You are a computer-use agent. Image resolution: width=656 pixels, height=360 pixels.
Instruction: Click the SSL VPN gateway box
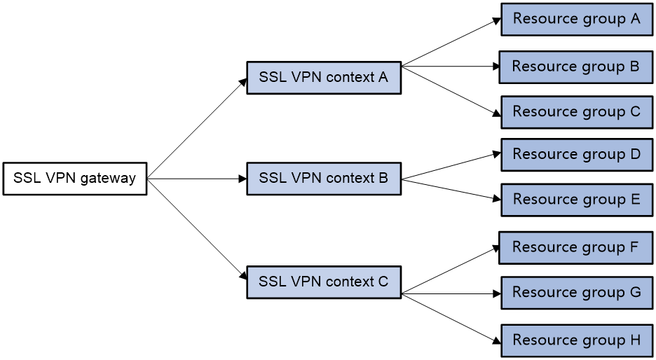pyautogui.click(x=74, y=179)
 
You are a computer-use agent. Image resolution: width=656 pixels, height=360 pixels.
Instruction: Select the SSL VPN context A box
pyautogui.click(x=323, y=78)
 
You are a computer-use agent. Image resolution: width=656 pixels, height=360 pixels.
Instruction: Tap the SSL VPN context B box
pyautogui.click(x=323, y=179)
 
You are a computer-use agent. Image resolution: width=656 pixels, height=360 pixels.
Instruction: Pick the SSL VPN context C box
pyautogui.click(x=323, y=282)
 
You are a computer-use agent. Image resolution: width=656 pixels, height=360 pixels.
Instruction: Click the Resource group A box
pyautogui.click(x=576, y=19)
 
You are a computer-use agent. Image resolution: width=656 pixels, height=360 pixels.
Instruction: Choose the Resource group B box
pyautogui.click(x=575, y=67)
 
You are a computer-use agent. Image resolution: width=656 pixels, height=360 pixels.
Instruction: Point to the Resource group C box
pyautogui.click(x=576, y=112)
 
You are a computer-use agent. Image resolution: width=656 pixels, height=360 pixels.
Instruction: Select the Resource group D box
pyautogui.click(x=576, y=155)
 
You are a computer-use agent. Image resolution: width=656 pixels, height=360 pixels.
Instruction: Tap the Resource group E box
pyautogui.click(x=576, y=200)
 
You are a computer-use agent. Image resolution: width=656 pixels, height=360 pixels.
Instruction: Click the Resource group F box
pyautogui.click(x=575, y=247)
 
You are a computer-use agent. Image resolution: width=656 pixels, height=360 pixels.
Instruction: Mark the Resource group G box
pyautogui.click(x=576, y=293)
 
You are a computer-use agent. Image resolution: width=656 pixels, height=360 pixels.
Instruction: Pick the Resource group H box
pyautogui.click(x=576, y=340)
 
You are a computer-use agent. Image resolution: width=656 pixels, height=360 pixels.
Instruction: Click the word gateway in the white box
pyautogui.click(x=108, y=179)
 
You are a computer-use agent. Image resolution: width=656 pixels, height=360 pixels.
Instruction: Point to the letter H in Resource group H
pyautogui.click(x=635, y=340)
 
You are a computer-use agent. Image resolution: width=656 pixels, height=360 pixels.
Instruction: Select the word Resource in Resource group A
pyautogui.click(x=540, y=19)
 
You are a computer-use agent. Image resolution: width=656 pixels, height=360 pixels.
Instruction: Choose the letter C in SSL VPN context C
pyautogui.click(x=383, y=282)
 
